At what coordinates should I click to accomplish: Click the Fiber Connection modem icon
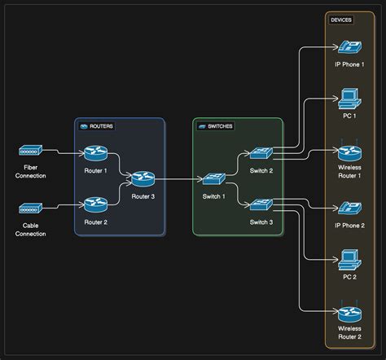(30, 151)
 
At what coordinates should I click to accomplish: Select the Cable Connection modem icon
(30, 209)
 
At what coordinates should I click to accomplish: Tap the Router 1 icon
(95, 152)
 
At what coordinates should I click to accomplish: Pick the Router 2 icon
(95, 204)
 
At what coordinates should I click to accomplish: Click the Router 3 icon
(143, 178)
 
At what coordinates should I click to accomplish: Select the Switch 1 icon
(214, 178)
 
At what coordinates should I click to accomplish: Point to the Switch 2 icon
(261, 152)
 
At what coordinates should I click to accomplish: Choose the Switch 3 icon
(261, 204)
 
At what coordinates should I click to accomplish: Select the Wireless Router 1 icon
(349, 151)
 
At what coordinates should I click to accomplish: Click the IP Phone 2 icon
(349, 208)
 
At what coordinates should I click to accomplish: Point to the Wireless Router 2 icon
(349, 314)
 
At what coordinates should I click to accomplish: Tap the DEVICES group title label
(341, 20)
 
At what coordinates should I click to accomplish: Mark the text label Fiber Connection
(30, 171)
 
